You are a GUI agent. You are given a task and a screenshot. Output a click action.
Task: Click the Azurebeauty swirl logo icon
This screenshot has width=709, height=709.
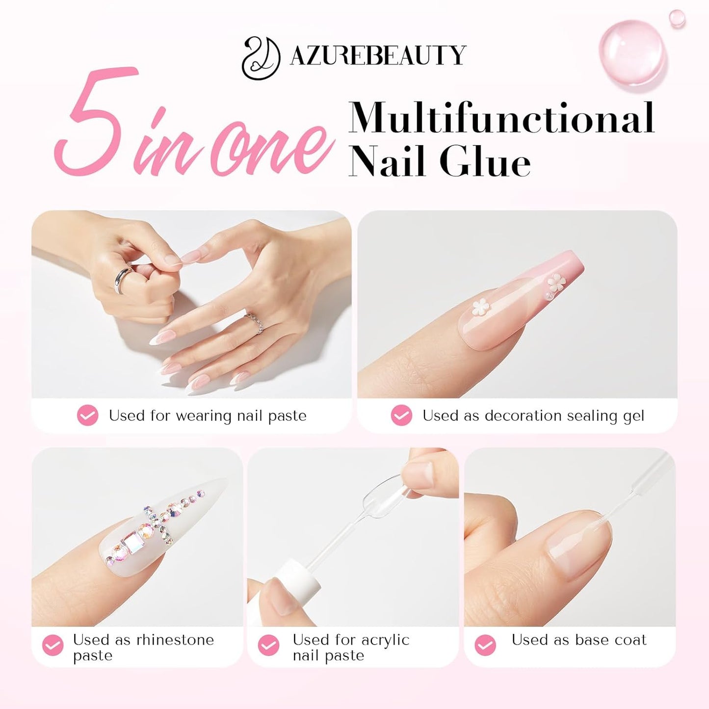pos(261,57)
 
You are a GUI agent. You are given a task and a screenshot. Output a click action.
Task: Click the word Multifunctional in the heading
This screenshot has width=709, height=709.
pos(501,118)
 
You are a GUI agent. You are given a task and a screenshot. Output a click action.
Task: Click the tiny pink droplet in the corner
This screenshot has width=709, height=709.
pos(677,18)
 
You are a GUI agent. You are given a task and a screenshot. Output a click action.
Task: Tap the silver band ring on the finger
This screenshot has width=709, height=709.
pos(123,280)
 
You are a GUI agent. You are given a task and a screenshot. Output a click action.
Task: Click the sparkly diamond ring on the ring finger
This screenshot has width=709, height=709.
pos(255,323)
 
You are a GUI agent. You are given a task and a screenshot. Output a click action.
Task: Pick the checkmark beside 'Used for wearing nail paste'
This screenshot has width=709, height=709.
pos(88,415)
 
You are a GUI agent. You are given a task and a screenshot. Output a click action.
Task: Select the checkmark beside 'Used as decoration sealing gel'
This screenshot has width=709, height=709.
pos(401,415)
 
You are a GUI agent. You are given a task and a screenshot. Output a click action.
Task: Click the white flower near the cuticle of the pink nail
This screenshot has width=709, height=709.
pos(481,307)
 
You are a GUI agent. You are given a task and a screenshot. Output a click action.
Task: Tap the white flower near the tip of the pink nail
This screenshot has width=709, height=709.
pos(556,283)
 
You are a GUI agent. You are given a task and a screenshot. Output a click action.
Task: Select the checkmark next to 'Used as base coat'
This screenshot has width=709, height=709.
pos(485,645)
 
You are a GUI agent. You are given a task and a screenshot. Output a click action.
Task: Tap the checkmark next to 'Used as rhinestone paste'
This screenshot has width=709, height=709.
pos(53,645)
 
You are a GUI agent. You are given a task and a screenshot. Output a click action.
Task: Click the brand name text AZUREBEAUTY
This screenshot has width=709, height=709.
pos(378,55)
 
